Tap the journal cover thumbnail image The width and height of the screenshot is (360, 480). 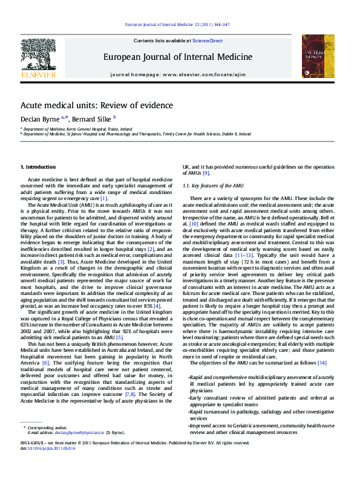click(318, 56)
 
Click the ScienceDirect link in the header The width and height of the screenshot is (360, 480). click(208, 41)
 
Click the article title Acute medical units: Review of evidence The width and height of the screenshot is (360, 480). click(96, 105)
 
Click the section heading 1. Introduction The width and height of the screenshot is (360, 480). click(38, 166)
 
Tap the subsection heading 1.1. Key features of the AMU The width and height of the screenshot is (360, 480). click(213, 185)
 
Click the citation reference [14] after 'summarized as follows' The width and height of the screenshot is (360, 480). click(322, 363)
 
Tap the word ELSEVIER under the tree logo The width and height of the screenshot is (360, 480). click(38, 75)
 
